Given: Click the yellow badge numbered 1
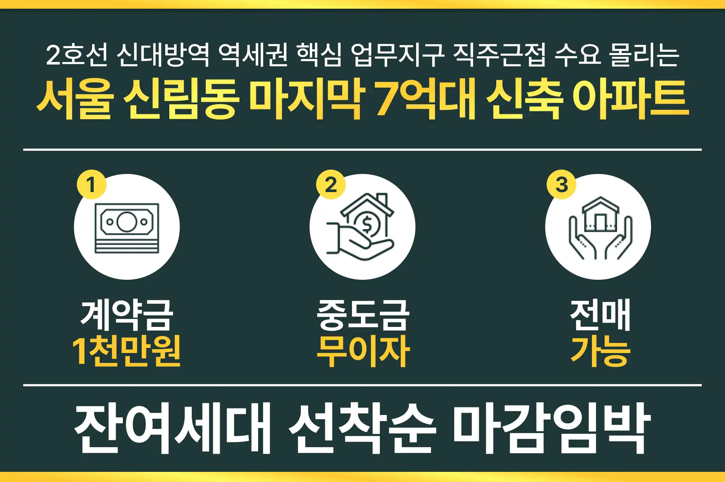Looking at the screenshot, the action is point(91,184).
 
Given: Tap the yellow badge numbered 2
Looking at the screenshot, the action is point(331,184).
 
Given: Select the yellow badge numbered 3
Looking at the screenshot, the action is point(561,184).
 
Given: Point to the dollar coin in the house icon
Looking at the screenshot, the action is point(367,224).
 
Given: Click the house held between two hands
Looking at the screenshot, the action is point(600,215).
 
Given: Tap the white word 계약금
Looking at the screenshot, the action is point(127,315).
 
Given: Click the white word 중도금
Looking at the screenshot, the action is point(363,315).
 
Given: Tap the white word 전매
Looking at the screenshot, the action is point(600,315).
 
